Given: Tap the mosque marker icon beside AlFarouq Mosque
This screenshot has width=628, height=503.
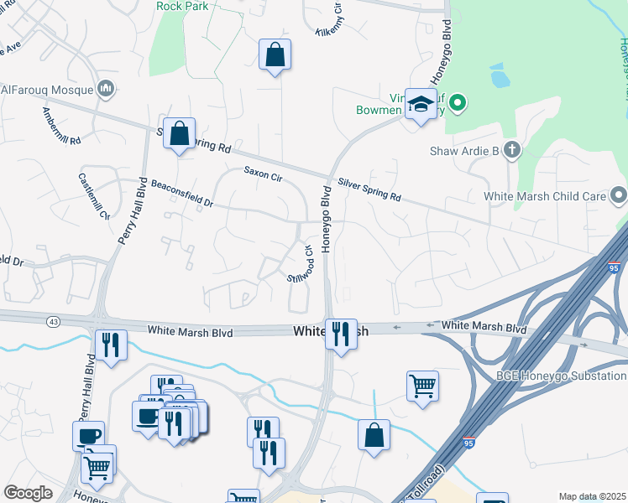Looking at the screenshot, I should [x=106, y=88].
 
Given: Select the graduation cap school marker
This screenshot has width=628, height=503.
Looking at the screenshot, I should [x=421, y=105].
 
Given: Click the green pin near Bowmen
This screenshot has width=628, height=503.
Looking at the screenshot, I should [x=457, y=105].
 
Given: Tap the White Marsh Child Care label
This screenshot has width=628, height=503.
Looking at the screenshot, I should [x=545, y=196].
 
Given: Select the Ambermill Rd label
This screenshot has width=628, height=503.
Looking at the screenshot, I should [x=60, y=127].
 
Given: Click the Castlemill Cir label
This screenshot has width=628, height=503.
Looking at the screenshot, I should [x=94, y=195].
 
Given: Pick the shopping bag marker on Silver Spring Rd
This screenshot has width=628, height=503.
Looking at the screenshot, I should [x=180, y=133].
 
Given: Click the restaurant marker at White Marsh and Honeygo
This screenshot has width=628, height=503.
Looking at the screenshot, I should [x=341, y=334].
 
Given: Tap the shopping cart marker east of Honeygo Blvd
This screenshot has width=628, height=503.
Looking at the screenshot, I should [x=422, y=386].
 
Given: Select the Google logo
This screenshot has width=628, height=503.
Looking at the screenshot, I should [x=29, y=494].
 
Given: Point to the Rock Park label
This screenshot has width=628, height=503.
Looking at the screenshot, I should [x=182, y=5].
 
